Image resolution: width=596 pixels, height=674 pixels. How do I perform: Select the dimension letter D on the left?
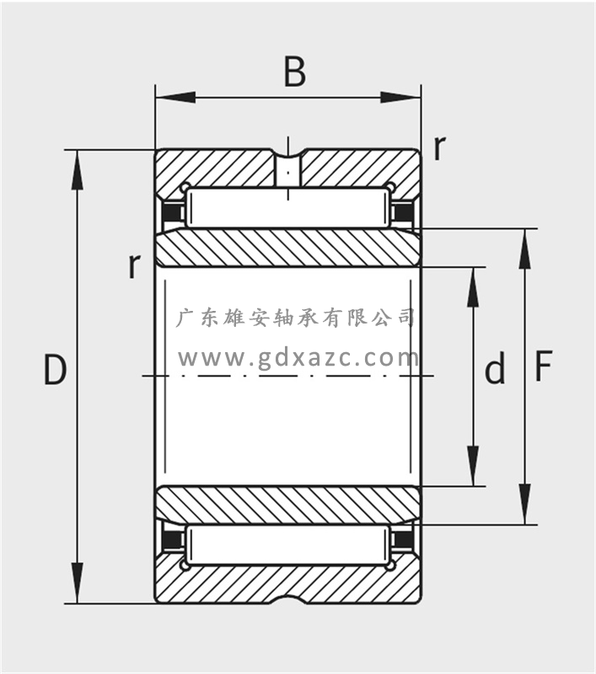point(55,371)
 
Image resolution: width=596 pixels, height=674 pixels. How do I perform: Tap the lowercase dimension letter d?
point(496,370)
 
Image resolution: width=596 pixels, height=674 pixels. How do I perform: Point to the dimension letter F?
point(544,367)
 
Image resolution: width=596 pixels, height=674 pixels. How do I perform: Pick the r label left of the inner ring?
point(133,266)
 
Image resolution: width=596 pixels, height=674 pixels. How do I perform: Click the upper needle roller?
point(287,209)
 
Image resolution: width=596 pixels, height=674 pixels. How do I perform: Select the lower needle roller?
point(287,545)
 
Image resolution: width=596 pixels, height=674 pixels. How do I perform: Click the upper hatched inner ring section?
point(287,248)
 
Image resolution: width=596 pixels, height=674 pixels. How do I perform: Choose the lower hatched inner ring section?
point(287,505)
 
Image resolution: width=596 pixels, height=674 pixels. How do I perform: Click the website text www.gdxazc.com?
point(298,359)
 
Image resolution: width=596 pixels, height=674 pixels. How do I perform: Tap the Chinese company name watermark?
point(296,318)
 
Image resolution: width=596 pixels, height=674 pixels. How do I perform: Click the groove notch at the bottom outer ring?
point(288,601)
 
